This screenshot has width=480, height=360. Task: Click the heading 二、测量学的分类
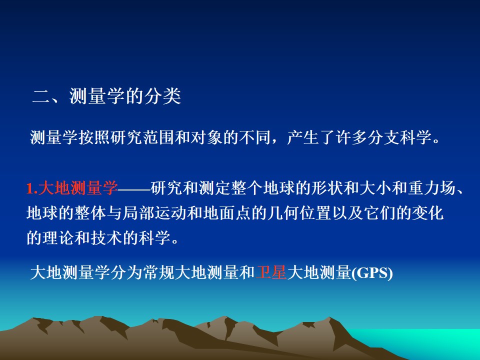coord(106,96)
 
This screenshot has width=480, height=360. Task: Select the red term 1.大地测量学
coord(72,188)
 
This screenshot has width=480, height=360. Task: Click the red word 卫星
coord(271,272)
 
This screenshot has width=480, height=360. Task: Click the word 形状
coord(327,188)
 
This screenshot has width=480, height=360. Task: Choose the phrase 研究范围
coord(142,137)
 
